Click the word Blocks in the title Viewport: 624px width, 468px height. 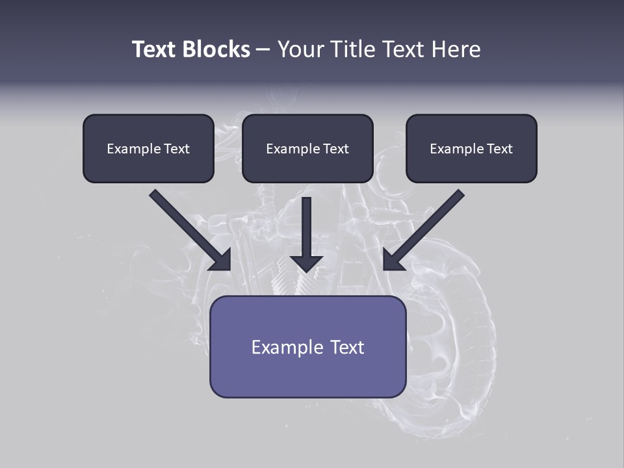click(216, 49)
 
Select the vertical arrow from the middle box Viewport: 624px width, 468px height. click(307, 227)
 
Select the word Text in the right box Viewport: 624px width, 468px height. click(499, 149)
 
